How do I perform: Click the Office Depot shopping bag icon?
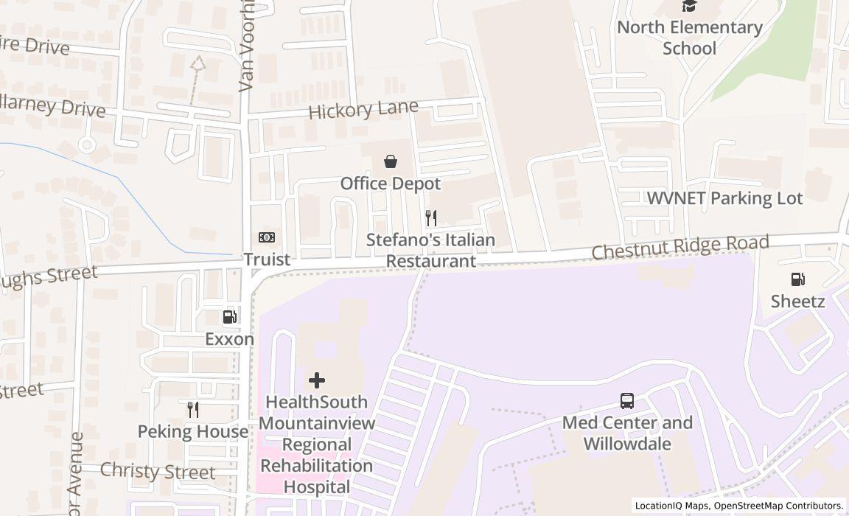391,161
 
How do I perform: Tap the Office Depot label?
391,184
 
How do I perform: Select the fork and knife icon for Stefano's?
431,218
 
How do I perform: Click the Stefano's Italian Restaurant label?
431,251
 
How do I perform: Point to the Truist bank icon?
267,237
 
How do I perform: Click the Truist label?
267,259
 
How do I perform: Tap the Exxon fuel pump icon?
230,317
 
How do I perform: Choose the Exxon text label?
230,339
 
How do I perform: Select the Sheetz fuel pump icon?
797,279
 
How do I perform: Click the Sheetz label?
797,301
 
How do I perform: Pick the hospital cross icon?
317,380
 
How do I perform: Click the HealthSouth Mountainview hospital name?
317,444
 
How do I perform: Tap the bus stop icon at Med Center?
627,401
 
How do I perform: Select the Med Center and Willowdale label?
627,433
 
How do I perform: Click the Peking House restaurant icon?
193,409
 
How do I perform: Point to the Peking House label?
193,431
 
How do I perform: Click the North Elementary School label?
690,38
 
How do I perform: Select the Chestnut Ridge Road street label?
680,248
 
